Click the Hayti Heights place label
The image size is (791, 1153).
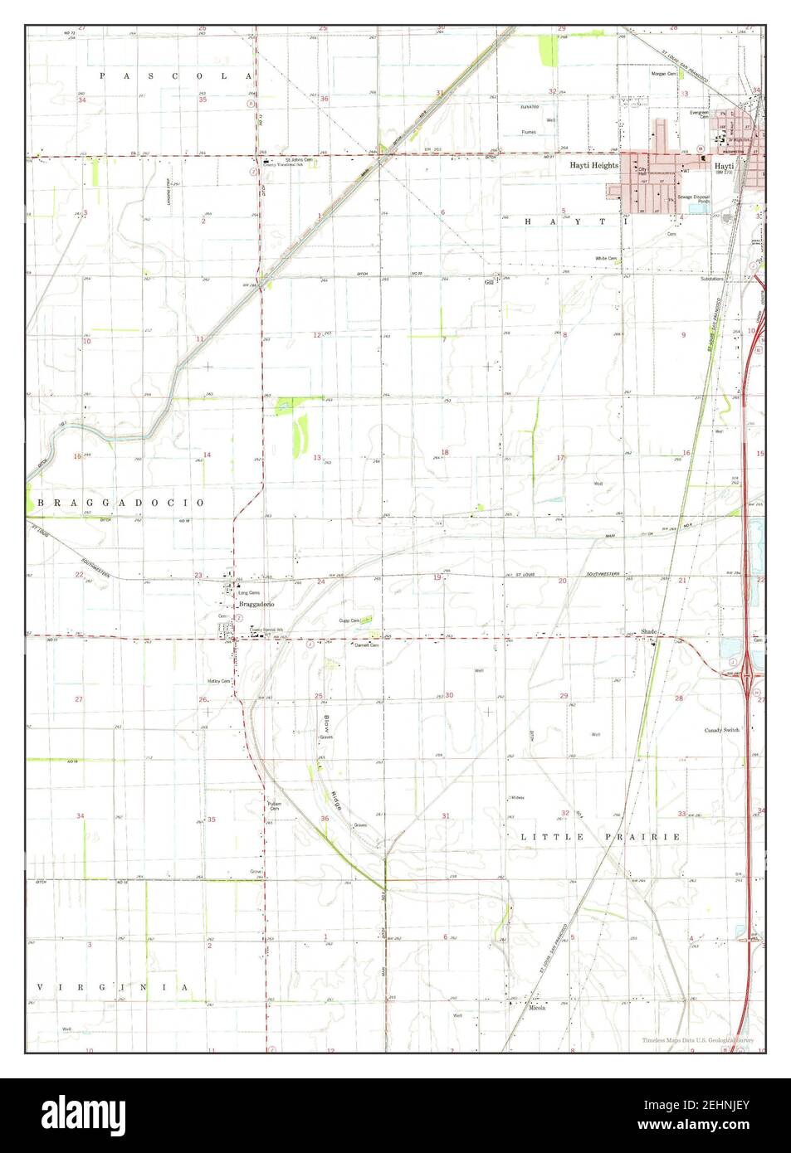pos(593,166)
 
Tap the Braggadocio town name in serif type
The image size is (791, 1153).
pos(256,605)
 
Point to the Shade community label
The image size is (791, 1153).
pos(648,632)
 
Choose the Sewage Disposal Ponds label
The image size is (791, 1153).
pos(693,198)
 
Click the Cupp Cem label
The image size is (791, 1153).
pos(349,620)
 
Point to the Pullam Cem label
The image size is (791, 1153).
pos(275,805)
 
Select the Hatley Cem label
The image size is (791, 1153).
pos(218,681)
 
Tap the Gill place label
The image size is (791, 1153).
pos(489,282)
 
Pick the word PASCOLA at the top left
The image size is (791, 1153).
pos(175,76)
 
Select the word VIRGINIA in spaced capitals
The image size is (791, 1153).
pos(113,987)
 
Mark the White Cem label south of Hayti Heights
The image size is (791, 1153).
pos(606,258)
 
